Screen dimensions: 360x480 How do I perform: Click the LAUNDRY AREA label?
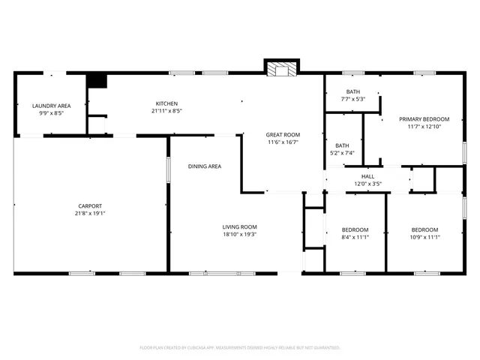click(x=52, y=106)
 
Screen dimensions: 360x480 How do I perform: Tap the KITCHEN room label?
click(x=166, y=103)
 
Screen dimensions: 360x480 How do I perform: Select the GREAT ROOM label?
click(x=282, y=134)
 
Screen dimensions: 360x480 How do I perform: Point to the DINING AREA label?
click(x=204, y=166)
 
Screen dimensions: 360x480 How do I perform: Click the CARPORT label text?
click(x=90, y=206)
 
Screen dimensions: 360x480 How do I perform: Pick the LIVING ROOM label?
click(x=239, y=226)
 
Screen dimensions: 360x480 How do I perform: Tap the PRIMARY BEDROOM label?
click(x=424, y=119)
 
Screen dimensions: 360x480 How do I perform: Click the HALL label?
click(x=368, y=176)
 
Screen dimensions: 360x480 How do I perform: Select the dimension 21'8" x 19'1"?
click(x=90, y=214)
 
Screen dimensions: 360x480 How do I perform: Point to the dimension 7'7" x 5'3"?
click(x=352, y=99)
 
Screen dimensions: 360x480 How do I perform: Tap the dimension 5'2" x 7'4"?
click(x=342, y=153)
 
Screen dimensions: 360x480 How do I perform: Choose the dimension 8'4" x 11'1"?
click(x=355, y=236)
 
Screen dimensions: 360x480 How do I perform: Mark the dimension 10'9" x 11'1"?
click(x=424, y=236)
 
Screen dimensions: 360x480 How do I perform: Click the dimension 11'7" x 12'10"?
click(x=424, y=127)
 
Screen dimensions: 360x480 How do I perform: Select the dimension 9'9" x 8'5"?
click(x=52, y=113)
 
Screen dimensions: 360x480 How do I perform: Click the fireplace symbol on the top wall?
click(x=282, y=69)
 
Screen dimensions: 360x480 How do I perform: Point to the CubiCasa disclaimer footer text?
click(x=240, y=348)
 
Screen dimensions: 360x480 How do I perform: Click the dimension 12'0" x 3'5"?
click(x=368, y=184)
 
